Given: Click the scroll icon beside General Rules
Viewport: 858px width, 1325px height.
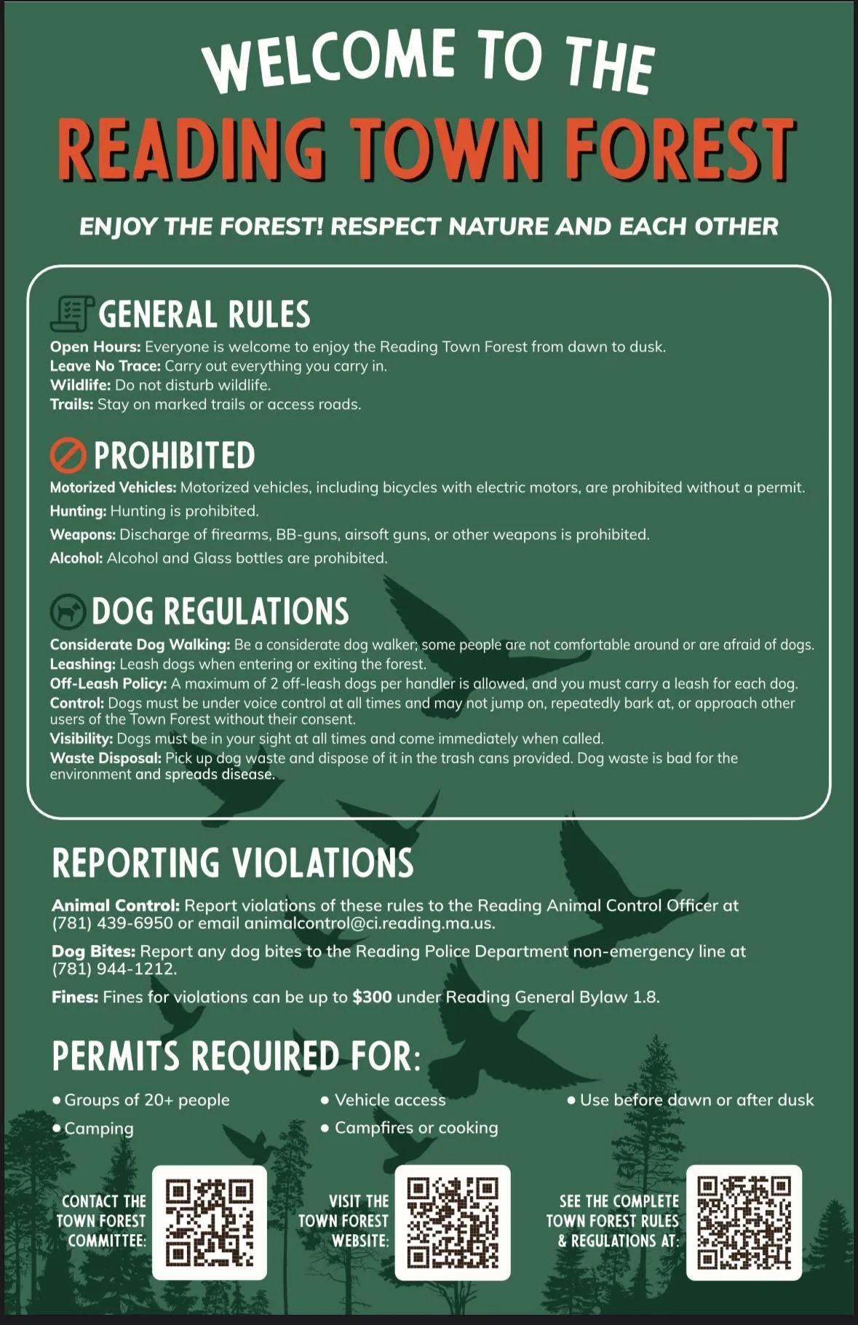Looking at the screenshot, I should [x=71, y=314].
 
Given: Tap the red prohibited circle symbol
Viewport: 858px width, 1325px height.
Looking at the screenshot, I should [x=68, y=456].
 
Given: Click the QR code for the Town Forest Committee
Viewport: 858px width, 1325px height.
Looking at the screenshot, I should [x=210, y=1222].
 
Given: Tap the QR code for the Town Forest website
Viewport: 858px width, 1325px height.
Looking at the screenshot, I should [x=452, y=1222].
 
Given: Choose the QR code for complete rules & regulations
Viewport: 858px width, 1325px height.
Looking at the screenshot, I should [x=744, y=1222].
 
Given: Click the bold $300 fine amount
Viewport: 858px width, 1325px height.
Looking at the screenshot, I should [x=372, y=997].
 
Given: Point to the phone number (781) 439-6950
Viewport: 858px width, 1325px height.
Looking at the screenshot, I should [x=112, y=923].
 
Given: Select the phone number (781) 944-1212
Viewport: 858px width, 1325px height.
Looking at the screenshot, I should [x=114, y=969].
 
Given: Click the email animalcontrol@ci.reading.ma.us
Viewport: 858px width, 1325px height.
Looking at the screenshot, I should [x=369, y=923].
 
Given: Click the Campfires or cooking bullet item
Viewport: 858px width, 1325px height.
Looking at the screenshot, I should [x=416, y=1128].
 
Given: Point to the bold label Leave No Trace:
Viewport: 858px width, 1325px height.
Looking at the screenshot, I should [x=105, y=366].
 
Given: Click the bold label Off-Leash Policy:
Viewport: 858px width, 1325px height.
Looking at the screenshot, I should [x=108, y=684].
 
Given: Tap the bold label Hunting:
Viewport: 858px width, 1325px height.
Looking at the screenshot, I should [x=78, y=511].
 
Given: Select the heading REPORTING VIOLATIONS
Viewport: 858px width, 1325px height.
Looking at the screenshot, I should [x=233, y=863].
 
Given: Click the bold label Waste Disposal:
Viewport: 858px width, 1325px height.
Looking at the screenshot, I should [x=106, y=758].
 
